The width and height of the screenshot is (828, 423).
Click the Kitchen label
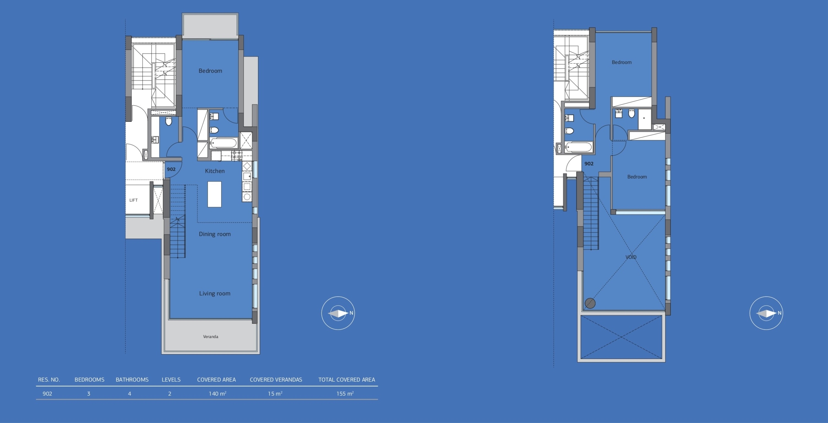click(x=215, y=171)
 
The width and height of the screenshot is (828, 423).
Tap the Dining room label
click(x=215, y=234)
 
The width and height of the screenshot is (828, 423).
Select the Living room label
click(x=215, y=293)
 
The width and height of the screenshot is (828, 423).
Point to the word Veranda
click(x=211, y=337)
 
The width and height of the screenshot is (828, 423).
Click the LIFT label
click(x=134, y=200)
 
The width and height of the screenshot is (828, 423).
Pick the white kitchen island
click(x=214, y=194)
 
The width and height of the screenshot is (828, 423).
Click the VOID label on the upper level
click(x=631, y=257)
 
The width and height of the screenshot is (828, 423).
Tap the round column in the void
click(x=590, y=303)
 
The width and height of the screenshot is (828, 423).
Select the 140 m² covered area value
click(x=217, y=394)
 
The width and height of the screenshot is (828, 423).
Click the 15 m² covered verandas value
click(x=275, y=394)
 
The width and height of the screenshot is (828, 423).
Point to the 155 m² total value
click(x=345, y=394)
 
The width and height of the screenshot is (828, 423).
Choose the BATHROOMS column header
click(x=132, y=380)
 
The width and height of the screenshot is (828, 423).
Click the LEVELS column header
click(x=171, y=380)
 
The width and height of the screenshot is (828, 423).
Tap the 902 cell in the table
click(x=47, y=394)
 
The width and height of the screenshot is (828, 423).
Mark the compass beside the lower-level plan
click(x=338, y=313)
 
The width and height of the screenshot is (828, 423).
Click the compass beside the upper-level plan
click(x=766, y=313)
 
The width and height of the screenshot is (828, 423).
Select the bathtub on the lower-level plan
click(x=223, y=143)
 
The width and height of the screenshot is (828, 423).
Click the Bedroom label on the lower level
click(x=210, y=71)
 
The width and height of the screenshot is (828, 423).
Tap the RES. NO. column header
click(x=49, y=380)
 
